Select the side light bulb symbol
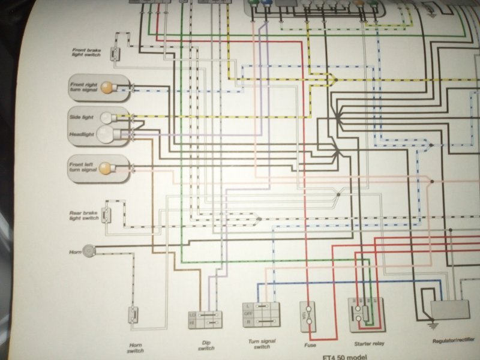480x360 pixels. pyautogui.click(x=107, y=118)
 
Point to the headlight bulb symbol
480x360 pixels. pyautogui.click(x=105, y=134)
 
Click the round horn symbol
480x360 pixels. pyautogui.click(x=90, y=248)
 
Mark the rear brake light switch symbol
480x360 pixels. pyautogui.click(x=107, y=213)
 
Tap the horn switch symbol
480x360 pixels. pyautogui.click(x=134, y=315)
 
